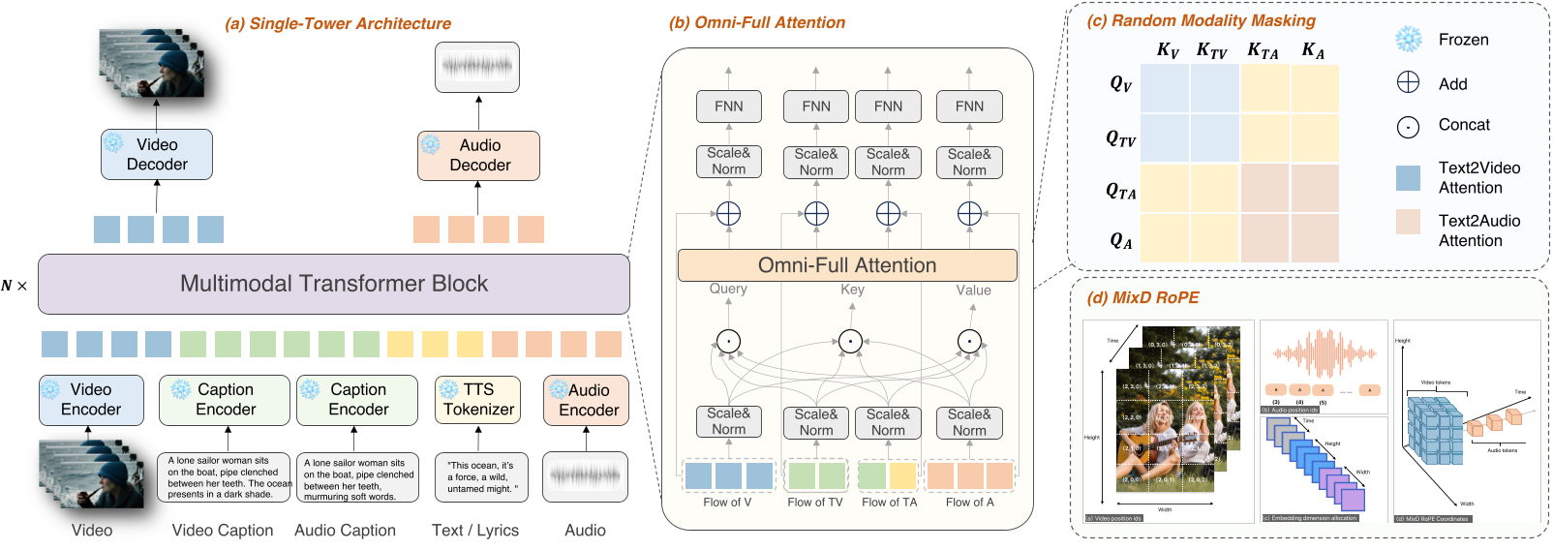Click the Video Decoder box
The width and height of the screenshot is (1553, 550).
(x=157, y=155)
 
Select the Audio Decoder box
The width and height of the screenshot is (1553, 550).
(x=478, y=156)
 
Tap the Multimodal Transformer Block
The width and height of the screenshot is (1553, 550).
(x=333, y=284)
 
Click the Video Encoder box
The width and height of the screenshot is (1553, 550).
(x=91, y=400)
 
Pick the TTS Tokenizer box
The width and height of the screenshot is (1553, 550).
(x=477, y=400)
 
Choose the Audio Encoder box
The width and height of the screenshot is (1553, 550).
(x=586, y=400)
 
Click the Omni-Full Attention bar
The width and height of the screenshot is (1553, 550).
(x=847, y=265)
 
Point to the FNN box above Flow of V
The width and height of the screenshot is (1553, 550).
(x=728, y=107)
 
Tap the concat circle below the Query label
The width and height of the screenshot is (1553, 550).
(x=728, y=341)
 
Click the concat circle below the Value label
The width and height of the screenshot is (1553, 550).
(x=969, y=341)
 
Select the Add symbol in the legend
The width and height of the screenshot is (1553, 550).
(x=1408, y=83)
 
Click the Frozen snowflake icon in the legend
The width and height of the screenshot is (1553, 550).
(x=1408, y=40)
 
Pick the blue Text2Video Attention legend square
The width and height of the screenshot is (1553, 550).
(x=1408, y=177)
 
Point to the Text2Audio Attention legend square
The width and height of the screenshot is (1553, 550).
(x=1408, y=222)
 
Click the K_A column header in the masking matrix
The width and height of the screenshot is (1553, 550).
(x=1313, y=50)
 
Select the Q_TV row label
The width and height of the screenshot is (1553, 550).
(x=1120, y=138)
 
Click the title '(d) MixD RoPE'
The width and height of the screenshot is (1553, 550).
(x=1142, y=297)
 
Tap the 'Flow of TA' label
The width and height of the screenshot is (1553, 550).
(x=889, y=502)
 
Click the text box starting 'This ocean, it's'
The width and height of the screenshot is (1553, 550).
(x=481, y=477)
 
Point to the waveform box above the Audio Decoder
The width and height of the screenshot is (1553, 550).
(x=476, y=67)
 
